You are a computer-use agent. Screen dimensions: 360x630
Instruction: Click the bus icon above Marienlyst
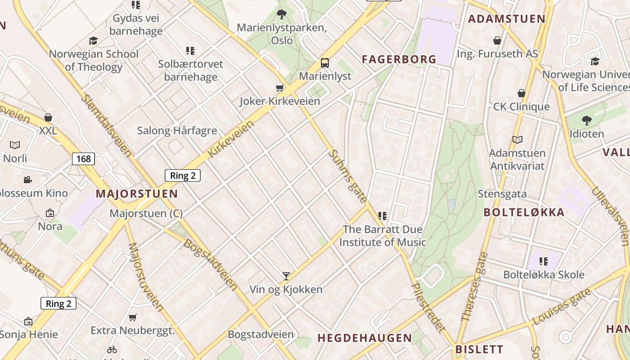[x=324, y=63]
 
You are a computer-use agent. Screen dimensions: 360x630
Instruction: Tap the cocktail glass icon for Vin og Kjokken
[x=286, y=276]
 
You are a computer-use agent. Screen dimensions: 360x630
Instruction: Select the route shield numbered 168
[x=83, y=158]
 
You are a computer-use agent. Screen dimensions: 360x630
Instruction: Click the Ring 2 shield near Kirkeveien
[x=182, y=175]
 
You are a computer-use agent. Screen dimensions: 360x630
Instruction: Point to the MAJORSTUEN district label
[x=137, y=194]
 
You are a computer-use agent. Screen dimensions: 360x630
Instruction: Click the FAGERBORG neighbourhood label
[x=399, y=59]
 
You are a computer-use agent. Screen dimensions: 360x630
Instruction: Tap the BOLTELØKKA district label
[x=524, y=212]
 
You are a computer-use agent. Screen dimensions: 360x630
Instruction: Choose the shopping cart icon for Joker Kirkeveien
[x=279, y=88]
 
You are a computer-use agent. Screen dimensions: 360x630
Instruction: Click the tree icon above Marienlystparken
[x=282, y=14]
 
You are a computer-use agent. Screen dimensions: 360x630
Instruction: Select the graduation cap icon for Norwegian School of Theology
[x=93, y=41]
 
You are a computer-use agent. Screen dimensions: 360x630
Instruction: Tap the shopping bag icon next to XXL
[x=48, y=118]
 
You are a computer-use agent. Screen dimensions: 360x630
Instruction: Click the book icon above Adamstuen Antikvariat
[x=517, y=139]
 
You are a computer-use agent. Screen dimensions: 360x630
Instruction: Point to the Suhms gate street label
[x=348, y=176]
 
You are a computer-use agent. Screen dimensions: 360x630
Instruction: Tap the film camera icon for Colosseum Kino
[x=28, y=180]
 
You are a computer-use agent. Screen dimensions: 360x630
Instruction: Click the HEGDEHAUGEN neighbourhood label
[x=364, y=338]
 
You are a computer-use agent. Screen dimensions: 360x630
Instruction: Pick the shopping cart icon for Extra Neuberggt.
[x=132, y=318]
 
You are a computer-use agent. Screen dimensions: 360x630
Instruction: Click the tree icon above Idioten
[x=586, y=121]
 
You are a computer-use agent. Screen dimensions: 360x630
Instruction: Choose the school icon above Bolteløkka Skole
[x=544, y=261]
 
